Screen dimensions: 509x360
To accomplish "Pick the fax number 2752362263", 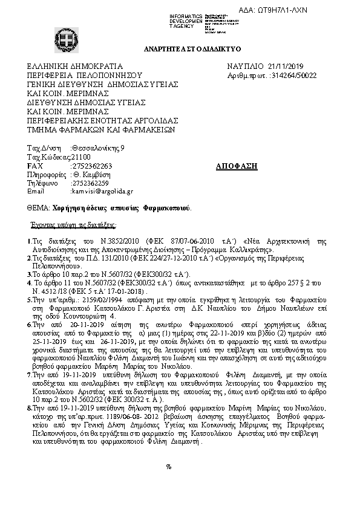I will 91,166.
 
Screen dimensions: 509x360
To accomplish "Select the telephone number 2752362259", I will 90,183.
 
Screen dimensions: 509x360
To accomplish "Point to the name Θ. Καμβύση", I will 90,174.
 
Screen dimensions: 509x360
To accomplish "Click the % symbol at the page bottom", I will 169,467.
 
